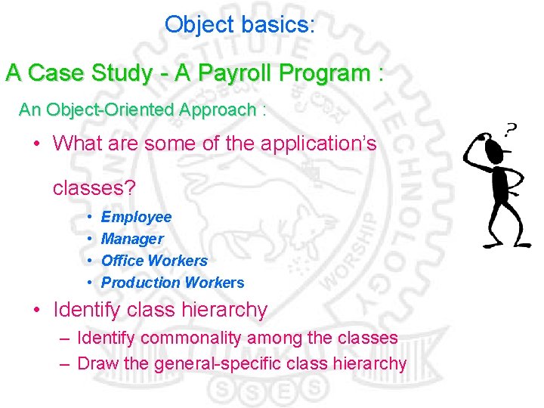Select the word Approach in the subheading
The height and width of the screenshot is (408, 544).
pos(218,110)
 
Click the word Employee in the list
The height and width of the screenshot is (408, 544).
pos(136,217)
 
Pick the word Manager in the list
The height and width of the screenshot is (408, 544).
pos(132,239)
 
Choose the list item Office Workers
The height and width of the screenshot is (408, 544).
pos(154,261)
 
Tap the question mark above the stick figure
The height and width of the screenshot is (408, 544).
pos(512,128)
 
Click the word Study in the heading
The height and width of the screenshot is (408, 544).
pos(122,73)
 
